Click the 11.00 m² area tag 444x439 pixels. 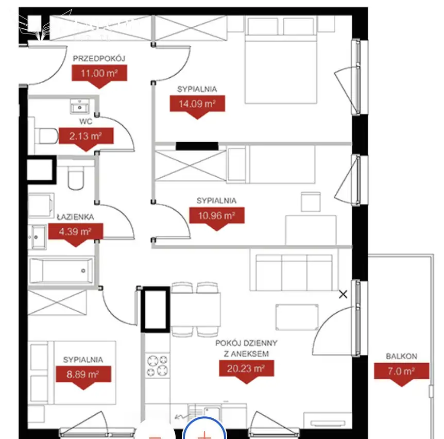point(99,76)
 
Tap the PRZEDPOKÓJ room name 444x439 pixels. point(99,59)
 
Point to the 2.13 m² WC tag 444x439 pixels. point(86,139)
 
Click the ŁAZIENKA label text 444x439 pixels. point(75,217)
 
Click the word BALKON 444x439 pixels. point(402,356)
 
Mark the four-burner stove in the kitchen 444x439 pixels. point(158,365)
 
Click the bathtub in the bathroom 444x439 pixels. point(61,271)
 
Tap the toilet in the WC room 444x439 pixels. point(46,136)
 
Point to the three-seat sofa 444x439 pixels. point(294,272)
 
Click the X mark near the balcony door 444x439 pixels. point(343,294)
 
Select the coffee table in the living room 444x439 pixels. point(297,317)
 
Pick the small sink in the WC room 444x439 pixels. point(79,106)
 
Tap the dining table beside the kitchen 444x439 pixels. point(195,309)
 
